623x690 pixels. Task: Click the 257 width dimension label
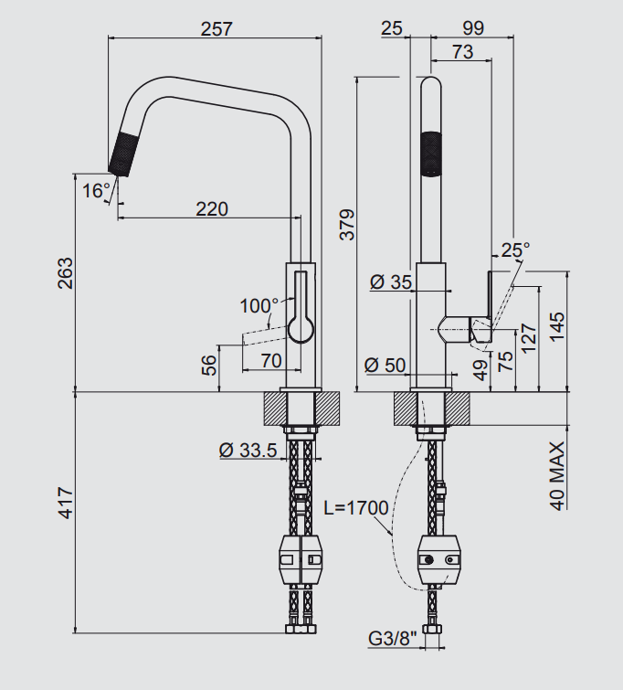coord(216,29)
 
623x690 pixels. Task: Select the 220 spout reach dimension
coord(212,209)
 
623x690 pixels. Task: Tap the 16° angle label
coord(96,190)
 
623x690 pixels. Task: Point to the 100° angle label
coord(259,305)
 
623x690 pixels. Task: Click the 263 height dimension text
coord(65,273)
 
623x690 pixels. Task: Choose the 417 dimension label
coord(65,503)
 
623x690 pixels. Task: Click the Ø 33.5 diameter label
coord(248,451)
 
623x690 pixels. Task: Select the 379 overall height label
coord(347,225)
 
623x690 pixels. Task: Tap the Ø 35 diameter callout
coord(391,281)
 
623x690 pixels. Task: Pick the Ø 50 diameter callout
coord(385,365)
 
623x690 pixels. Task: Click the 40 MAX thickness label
coord(557,476)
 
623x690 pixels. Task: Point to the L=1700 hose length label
coord(356,508)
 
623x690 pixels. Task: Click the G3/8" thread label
coord(393,638)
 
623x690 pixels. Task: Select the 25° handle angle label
coord(515,249)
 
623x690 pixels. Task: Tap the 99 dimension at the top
coord(473,28)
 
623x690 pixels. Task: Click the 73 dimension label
coord(463,52)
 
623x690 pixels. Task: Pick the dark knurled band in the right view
coord(431,154)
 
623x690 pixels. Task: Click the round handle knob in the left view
coord(301,330)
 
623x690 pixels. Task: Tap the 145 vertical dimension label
coord(557,326)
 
